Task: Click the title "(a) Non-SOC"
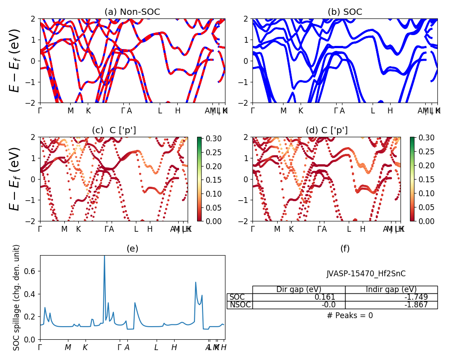point(132,12)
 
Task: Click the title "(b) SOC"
point(345,12)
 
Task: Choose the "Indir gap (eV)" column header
point(391,289)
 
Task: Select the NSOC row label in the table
point(239,305)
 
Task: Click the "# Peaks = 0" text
point(350,315)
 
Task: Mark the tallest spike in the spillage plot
point(104,256)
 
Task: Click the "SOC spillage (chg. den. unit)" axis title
point(17,297)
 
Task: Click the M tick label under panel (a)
point(71,111)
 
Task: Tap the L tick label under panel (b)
point(373,111)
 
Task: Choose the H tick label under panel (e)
point(174,347)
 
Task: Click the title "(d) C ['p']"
point(327,130)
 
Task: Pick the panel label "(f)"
point(345,248)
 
